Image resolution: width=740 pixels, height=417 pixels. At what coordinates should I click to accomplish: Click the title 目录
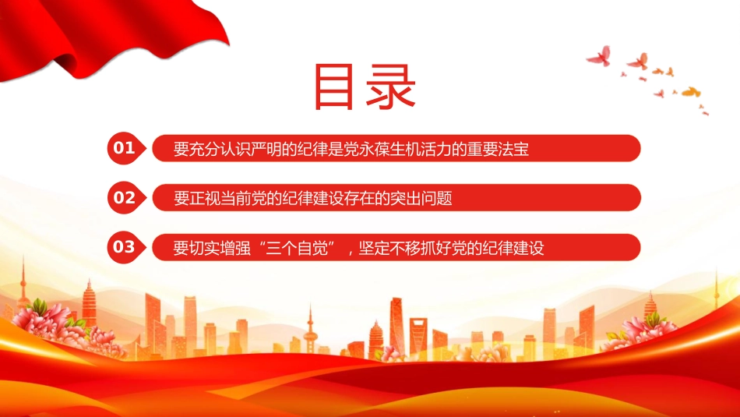[365, 87]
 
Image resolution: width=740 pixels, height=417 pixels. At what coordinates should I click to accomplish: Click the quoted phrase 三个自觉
[298, 247]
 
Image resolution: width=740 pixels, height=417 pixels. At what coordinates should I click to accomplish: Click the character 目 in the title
[333, 87]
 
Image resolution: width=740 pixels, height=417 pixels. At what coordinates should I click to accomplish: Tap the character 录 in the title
[391, 87]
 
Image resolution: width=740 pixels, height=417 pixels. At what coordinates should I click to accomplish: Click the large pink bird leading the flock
[599, 55]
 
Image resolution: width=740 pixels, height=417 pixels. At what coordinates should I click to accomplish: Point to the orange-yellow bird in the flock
[691, 91]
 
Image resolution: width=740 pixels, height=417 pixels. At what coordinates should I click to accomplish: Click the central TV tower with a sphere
[310, 330]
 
